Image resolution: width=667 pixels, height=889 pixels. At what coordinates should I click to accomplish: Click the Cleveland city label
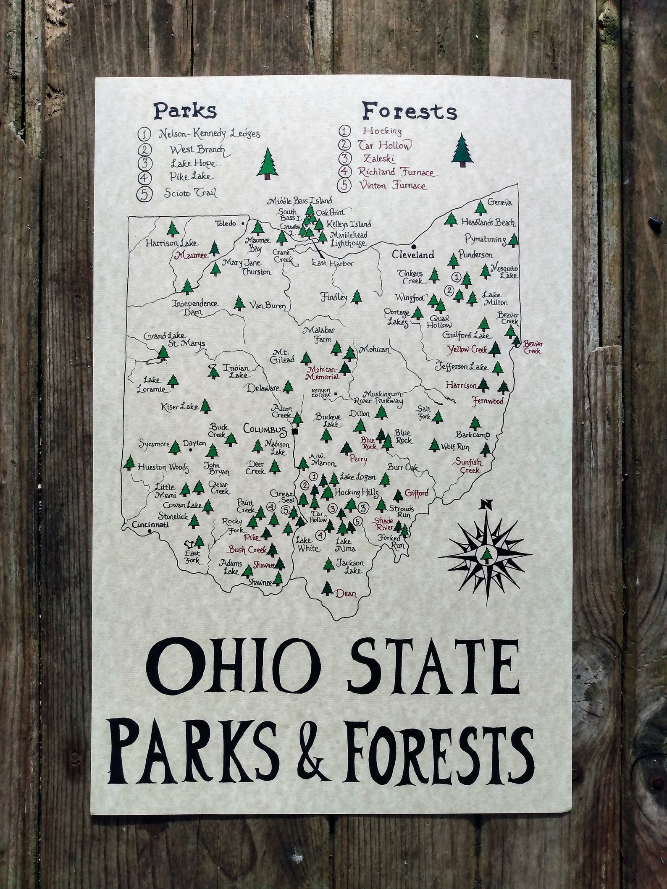[412, 254]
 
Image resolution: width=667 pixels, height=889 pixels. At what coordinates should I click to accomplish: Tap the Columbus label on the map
[264, 430]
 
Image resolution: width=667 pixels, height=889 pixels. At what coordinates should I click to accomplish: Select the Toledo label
[226, 223]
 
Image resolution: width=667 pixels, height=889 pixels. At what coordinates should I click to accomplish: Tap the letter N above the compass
[487, 504]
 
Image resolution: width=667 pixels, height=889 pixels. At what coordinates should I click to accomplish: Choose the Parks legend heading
[185, 111]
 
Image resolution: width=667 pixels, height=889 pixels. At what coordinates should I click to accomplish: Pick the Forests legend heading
[410, 112]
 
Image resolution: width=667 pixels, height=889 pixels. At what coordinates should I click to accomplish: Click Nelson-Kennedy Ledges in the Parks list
[209, 134]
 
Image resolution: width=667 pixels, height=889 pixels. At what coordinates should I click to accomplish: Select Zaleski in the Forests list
[375, 158]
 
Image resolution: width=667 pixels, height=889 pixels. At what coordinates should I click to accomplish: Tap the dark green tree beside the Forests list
[462, 150]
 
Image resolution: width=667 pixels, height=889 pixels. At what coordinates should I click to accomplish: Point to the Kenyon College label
[321, 393]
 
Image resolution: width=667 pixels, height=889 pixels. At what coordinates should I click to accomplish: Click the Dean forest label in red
[346, 594]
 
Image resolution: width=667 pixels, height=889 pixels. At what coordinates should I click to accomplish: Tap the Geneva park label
[500, 202]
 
